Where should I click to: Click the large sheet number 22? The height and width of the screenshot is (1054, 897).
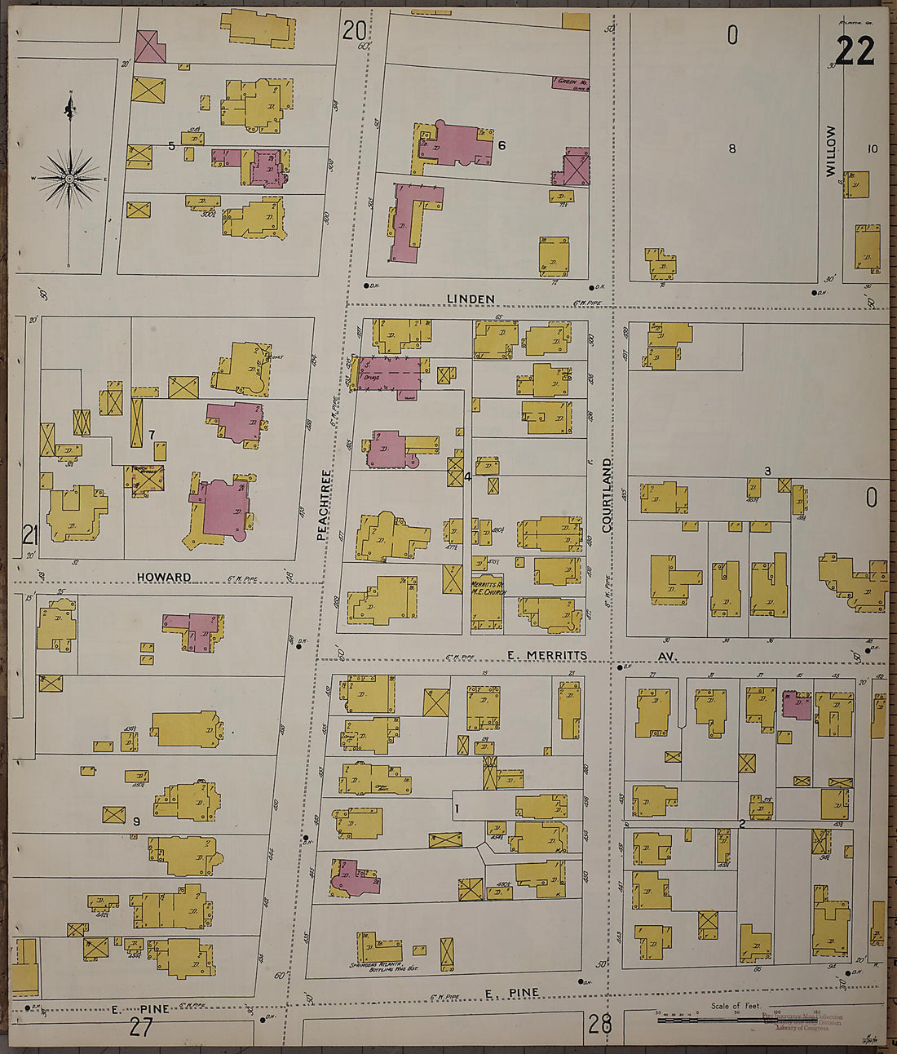[x=855, y=51]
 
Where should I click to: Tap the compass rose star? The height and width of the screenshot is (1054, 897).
[x=70, y=177]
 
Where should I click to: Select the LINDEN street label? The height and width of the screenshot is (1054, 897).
[x=471, y=299]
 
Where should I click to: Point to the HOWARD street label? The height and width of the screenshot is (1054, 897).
[x=164, y=577]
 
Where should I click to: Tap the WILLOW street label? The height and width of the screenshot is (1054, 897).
[x=831, y=151]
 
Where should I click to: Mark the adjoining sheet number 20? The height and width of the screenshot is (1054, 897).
[x=354, y=31]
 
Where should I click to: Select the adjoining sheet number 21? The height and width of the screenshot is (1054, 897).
[x=31, y=535]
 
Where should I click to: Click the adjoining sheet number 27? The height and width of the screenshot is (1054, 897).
[x=140, y=1027]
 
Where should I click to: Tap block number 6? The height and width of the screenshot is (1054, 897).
[x=502, y=145]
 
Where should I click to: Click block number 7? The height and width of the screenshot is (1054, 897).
[x=152, y=432]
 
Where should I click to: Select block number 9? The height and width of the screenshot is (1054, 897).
[x=136, y=821]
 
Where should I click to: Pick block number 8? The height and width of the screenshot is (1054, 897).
[x=731, y=148]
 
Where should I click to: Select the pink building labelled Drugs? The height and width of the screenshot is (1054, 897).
[x=390, y=376]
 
